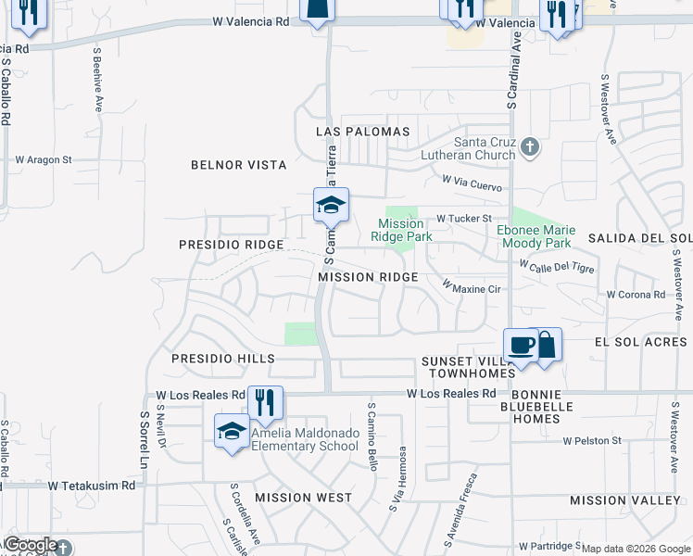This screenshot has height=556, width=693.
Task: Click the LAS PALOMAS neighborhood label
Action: (x=362, y=132)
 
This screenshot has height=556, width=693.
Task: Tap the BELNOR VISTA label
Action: (x=238, y=165)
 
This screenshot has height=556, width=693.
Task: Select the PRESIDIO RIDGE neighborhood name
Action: (x=231, y=244)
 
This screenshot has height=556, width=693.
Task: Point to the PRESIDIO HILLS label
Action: (x=223, y=358)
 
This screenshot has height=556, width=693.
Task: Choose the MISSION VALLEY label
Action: (x=625, y=500)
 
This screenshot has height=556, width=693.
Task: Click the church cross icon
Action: (x=529, y=145)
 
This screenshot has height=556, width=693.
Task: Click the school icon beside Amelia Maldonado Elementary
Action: (x=232, y=431)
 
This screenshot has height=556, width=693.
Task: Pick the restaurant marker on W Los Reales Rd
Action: (x=265, y=402)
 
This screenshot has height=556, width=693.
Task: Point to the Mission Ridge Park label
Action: (x=401, y=230)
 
